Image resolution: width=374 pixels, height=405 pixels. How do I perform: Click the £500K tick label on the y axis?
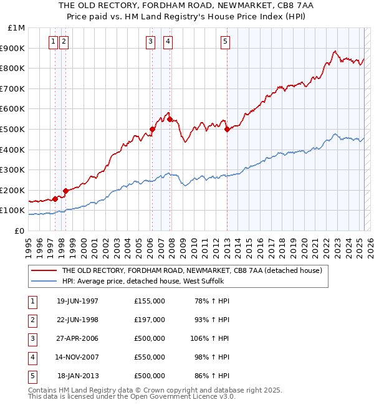coord(13,129)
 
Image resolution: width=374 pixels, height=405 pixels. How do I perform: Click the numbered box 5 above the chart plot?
coord(224,42)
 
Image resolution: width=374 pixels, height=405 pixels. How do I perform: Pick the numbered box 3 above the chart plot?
coord(151,42)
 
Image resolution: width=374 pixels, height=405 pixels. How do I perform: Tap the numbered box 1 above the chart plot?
coord(53,42)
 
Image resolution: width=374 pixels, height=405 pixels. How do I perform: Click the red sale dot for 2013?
coord(227,130)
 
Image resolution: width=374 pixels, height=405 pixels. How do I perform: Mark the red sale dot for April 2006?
coord(152,130)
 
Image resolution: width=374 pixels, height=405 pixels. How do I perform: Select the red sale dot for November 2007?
coord(170,119)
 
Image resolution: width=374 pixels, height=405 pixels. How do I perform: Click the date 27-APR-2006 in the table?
coord(77,338)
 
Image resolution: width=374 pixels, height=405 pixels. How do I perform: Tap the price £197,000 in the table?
coord(150,320)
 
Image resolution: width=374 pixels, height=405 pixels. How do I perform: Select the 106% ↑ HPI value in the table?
coord(210,338)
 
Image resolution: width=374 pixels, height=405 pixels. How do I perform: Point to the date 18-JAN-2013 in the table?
coord(78,376)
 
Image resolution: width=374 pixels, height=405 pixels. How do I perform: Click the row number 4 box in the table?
coord(32,357)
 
